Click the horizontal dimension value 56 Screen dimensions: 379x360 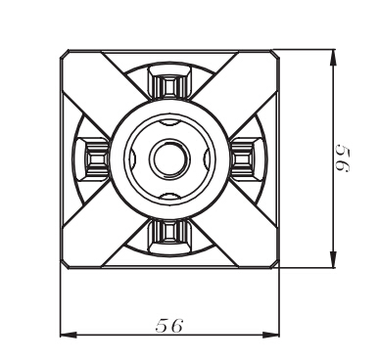tap(169, 325)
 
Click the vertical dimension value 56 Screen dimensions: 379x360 tap(343, 158)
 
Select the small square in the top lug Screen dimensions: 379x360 tap(169, 87)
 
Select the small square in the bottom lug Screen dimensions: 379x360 tap(169, 231)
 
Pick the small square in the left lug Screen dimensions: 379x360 tap(97, 159)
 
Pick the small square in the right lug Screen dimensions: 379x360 tap(241, 159)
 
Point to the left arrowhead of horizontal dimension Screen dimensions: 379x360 tap(69, 335)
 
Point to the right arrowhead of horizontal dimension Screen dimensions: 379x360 tap(271, 335)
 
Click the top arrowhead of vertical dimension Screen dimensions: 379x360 tap(333, 58)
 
